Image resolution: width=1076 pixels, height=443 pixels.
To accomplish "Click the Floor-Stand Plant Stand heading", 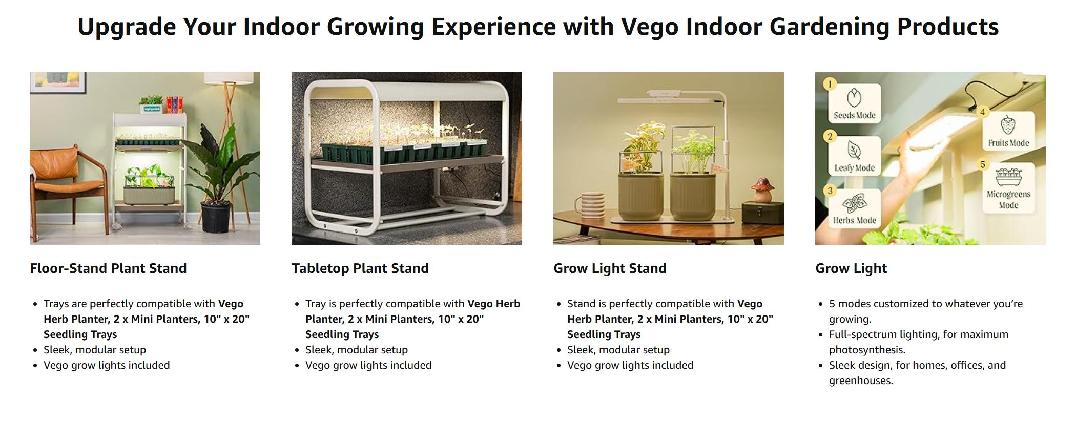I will click(x=108, y=268).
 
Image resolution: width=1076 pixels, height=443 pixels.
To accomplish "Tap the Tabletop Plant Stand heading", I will click(x=360, y=268).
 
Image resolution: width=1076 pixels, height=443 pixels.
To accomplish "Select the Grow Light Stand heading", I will click(x=610, y=268).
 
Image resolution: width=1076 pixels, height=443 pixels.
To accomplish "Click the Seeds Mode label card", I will click(x=854, y=104).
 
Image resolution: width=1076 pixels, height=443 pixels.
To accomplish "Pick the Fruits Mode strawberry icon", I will click(x=1008, y=125).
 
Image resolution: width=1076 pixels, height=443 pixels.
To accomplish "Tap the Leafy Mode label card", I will click(x=854, y=156).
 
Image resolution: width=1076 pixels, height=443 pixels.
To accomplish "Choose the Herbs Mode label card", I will click(x=854, y=208).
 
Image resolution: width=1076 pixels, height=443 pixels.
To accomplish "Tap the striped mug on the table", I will click(x=589, y=206).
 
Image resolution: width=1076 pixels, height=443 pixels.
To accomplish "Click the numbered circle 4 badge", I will click(x=982, y=112).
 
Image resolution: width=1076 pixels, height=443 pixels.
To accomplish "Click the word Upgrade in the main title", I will click(x=127, y=27).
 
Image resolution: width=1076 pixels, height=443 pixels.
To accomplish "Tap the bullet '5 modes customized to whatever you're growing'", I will click(x=925, y=311).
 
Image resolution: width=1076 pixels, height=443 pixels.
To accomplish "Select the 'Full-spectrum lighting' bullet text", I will click(x=918, y=342).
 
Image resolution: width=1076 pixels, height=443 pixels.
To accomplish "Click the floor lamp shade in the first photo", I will click(x=229, y=78).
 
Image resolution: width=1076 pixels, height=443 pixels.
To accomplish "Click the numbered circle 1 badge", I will click(x=830, y=84).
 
